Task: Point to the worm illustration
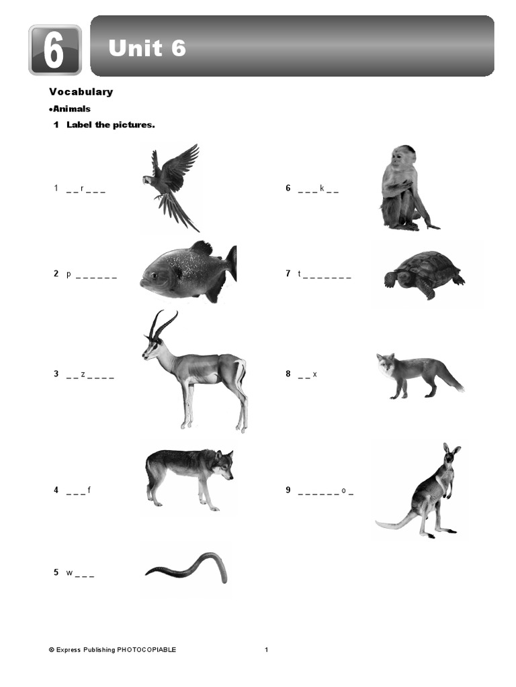[x=188, y=568]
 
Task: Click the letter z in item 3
[x=83, y=374]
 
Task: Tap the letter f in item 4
[x=89, y=490]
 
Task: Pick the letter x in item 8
[x=314, y=374]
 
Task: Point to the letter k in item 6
[x=322, y=189]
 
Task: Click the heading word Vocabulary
[x=81, y=92]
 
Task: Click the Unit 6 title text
[x=147, y=48]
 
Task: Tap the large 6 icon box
[x=55, y=50]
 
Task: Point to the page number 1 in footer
[x=266, y=649]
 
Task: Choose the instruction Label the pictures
[x=111, y=125]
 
